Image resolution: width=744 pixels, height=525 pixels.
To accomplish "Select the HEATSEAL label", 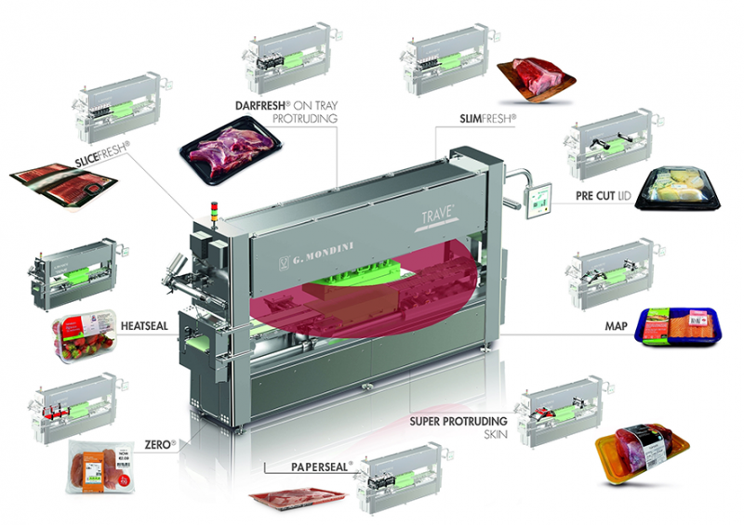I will click(x=143, y=325).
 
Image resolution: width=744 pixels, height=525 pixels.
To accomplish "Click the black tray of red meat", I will click(x=227, y=152).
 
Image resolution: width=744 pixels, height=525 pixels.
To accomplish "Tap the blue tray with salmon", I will click(x=680, y=326).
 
